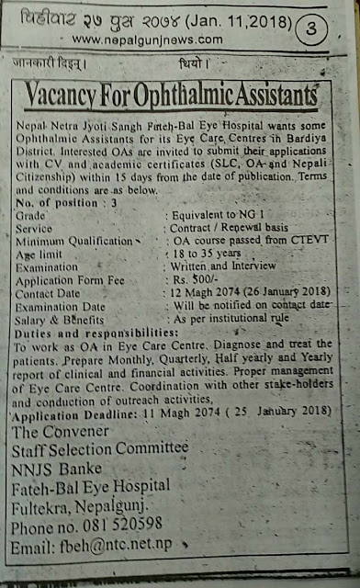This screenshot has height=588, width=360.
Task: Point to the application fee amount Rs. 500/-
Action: pyautogui.click(x=192, y=273)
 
